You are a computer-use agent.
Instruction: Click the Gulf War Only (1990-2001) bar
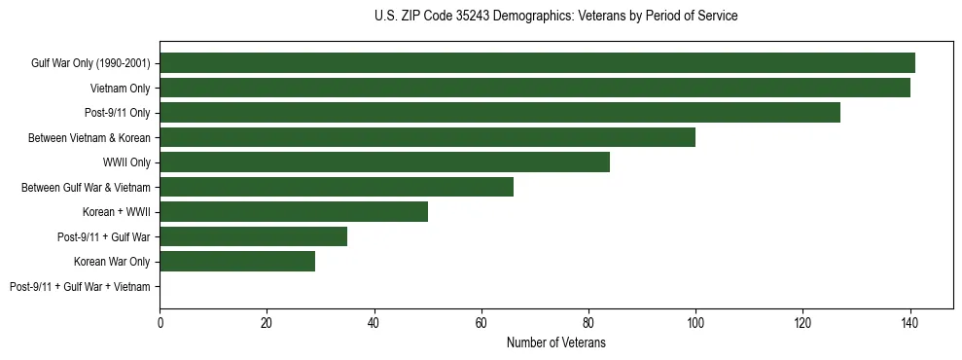(537, 63)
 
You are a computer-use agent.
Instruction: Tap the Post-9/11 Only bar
(500, 113)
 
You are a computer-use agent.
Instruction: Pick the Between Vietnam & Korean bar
(428, 137)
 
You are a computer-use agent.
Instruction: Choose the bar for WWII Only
(385, 162)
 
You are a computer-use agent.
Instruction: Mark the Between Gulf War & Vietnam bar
(337, 187)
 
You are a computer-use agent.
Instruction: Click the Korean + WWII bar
(294, 212)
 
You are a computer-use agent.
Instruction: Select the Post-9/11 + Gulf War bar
(254, 236)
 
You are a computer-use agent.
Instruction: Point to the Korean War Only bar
(237, 261)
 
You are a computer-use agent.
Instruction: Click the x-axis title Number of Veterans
(556, 342)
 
